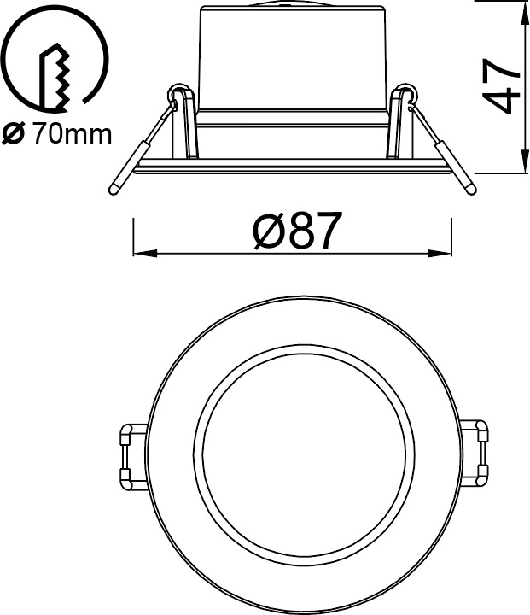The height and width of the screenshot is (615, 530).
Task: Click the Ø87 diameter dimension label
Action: click(295, 231)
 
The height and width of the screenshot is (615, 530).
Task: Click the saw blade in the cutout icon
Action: click(54, 77)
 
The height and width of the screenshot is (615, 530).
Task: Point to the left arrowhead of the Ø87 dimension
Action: click(145, 254)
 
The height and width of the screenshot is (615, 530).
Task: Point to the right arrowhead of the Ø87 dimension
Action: click(440, 254)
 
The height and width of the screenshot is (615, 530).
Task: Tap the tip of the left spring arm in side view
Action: click(114, 190)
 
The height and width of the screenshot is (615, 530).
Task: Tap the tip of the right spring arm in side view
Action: click(472, 190)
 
